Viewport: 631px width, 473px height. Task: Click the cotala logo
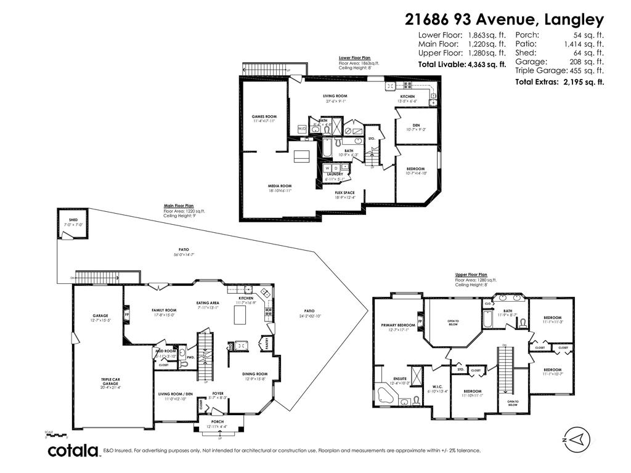(x=74, y=451)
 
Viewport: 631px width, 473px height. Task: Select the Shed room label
(x=73, y=220)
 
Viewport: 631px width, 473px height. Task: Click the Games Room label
(x=264, y=116)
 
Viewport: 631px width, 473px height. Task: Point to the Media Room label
(x=279, y=185)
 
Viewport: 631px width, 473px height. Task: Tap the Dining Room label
(x=254, y=374)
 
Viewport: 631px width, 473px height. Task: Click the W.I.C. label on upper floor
(x=438, y=387)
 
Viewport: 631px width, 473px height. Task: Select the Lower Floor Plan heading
(x=354, y=58)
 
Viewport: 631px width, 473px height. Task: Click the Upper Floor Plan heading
(x=471, y=275)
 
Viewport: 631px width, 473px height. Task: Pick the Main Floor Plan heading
(x=179, y=206)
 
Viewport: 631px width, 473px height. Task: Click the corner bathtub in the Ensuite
(x=386, y=394)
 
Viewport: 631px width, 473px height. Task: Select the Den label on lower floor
(x=416, y=125)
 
